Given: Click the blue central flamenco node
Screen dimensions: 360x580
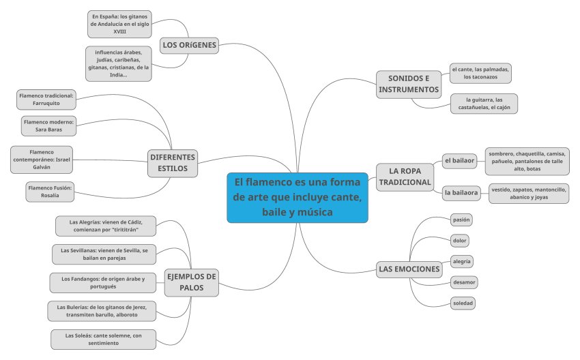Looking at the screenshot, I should pyautogui.click(x=298, y=197).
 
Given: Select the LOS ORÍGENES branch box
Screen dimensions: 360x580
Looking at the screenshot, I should pyautogui.click(x=189, y=46).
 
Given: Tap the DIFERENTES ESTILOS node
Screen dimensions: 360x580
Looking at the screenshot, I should pyautogui.click(x=173, y=162).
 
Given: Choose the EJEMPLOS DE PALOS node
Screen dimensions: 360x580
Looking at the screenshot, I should pyautogui.click(x=192, y=282).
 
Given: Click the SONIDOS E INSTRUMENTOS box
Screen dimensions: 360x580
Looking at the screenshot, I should pyautogui.click(x=409, y=84).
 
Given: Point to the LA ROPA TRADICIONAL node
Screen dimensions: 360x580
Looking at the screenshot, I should pyautogui.click(x=406, y=176).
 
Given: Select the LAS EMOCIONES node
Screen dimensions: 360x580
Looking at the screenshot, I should pyautogui.click(x=409, y=269).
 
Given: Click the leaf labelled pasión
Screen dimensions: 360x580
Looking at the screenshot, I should pyautogui.click(x=461, y=220).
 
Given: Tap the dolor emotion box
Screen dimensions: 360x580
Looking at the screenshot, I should pyautogui.click(x=460, y=241).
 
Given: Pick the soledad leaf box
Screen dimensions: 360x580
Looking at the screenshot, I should pyautogui.click(x=463, y=303).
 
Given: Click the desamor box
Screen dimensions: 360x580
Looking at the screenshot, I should pyautogui.click(x=464, y=282).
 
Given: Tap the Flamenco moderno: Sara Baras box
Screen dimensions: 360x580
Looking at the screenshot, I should pyautogui.click(x=48, y=125).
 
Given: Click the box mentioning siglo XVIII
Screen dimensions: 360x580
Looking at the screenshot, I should pyautogui.click(x=119, y=24).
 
